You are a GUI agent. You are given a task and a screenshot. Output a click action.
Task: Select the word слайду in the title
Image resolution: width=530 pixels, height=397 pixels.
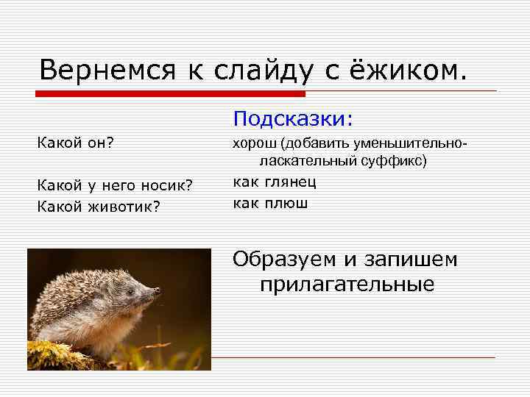pos(251,71)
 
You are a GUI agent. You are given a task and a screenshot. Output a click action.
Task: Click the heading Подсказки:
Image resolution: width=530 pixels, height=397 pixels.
pos(293,118)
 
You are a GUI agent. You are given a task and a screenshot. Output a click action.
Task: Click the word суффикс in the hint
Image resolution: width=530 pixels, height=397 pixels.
pos(400,160)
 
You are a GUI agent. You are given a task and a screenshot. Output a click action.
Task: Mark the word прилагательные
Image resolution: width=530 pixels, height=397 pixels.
pos(347,284)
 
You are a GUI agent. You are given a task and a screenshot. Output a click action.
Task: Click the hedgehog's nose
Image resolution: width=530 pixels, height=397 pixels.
pos(157,292)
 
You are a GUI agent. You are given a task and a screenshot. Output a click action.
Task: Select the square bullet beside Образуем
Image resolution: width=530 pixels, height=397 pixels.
pos(224,260)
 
